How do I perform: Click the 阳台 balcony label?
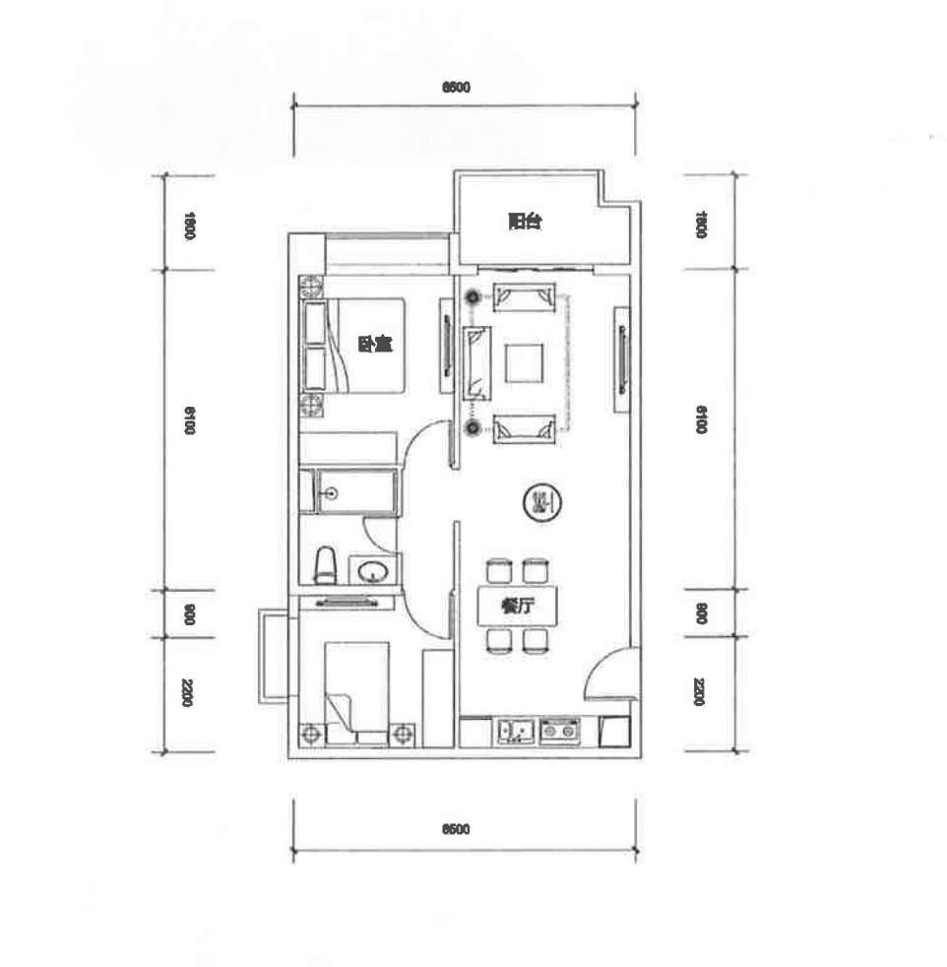pos(525,223)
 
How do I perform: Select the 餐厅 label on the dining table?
pos(516,607)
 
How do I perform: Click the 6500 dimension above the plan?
pos(456,88)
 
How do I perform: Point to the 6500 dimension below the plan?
pos(456,829)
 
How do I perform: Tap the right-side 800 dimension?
pos(701,613)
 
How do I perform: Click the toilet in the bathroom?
pos(325,567)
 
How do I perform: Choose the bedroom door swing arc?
pos(421,438)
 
